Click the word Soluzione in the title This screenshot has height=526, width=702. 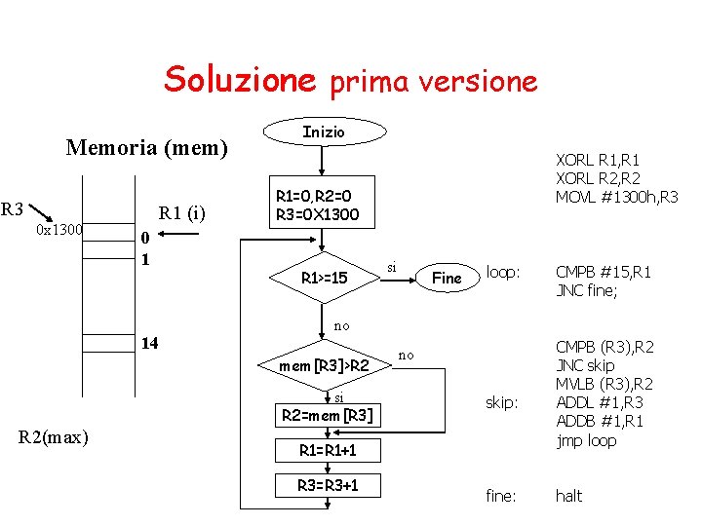pos(240,79)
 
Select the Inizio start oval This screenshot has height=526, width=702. pos(324,131)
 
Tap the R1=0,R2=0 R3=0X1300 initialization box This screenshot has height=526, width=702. pos(317,206)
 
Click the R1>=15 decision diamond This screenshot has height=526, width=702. pos(324,279)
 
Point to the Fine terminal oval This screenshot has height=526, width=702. pos(447,279)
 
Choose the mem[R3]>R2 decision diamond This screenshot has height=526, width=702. pos(324,366)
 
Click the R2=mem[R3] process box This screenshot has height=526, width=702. pos(325,416)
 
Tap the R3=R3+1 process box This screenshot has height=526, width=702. pos(325,485)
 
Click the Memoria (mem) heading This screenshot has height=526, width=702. pos(146,148)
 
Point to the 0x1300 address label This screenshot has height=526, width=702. pos(58,230)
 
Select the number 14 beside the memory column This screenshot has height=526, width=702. pos(150,343)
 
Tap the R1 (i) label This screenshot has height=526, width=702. pos(182,213)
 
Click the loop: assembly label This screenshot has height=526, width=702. pos(503,272)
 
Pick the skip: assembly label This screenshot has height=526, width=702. pos(502,402)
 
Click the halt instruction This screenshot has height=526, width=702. pos(568,496)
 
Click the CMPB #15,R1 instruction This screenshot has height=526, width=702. pos(603,272)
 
